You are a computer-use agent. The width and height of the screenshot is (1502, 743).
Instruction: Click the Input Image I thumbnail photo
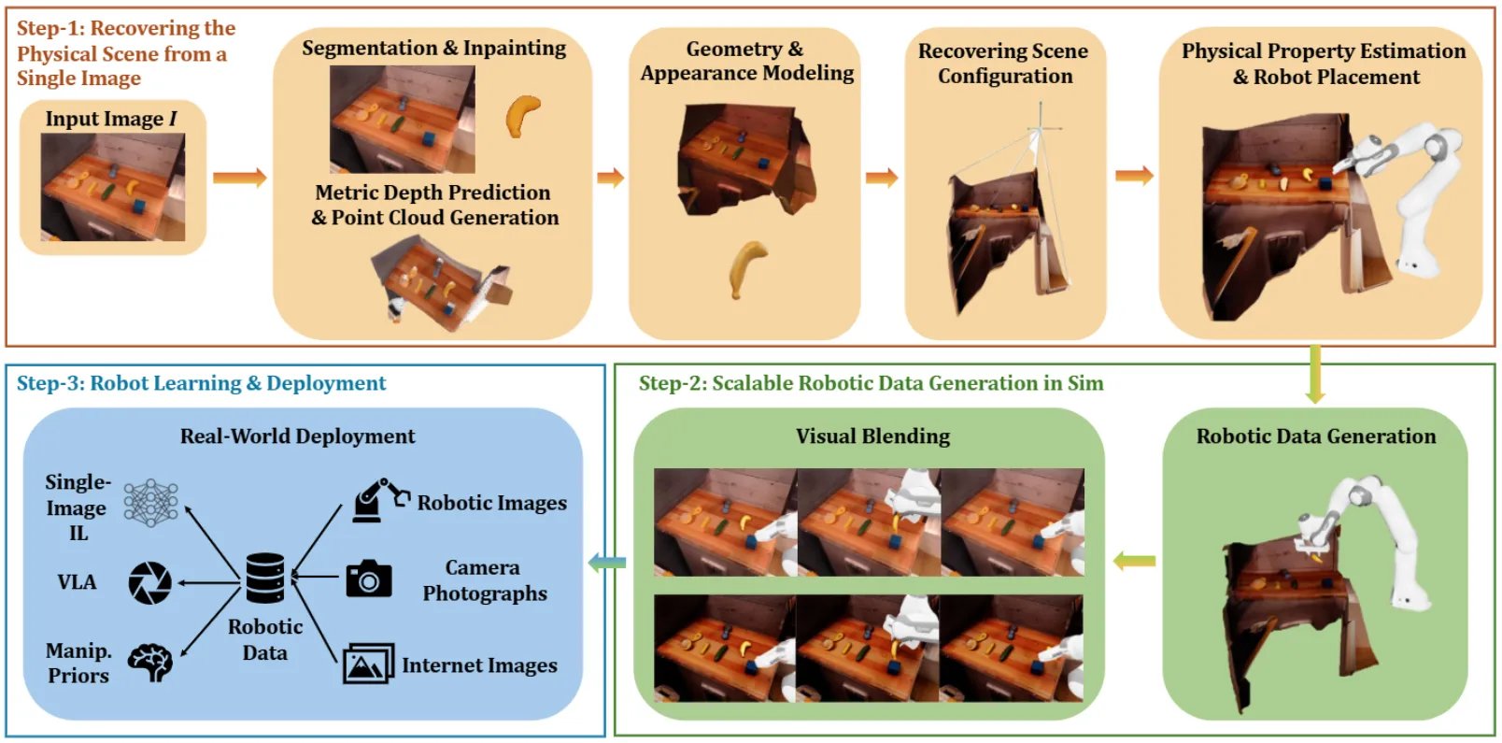tap(113, 187)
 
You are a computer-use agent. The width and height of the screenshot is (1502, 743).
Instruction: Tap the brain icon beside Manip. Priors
tap(150, 662)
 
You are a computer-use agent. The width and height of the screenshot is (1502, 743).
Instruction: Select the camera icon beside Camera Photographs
tap(369, 579)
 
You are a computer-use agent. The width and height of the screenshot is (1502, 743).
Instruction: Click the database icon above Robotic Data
tap(265, 578)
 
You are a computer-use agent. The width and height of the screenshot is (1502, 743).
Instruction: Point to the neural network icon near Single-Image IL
tap(150, 503)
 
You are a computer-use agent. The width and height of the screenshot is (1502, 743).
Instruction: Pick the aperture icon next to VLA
tap(150, 582)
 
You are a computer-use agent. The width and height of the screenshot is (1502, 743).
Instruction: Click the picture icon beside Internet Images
tap(368, 664)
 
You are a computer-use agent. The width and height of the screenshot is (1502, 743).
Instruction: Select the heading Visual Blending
tap(872, 436)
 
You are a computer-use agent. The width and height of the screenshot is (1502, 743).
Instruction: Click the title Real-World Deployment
tap(297, 436)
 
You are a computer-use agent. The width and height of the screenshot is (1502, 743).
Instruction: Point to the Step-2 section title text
tap(871, 383)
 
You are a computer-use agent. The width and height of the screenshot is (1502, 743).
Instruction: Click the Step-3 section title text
tap(201, 383)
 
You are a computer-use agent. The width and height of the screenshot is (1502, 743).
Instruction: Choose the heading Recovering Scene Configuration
tap(1003, 64)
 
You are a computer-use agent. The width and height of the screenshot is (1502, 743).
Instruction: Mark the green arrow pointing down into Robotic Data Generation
tap(1315, 375)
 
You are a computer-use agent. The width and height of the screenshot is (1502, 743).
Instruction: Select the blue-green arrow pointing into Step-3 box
tap(607, 563)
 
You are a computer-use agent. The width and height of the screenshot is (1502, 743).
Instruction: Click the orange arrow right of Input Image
tap(239, 178)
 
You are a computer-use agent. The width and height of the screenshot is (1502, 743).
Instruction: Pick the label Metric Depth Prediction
tap(432, 193)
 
